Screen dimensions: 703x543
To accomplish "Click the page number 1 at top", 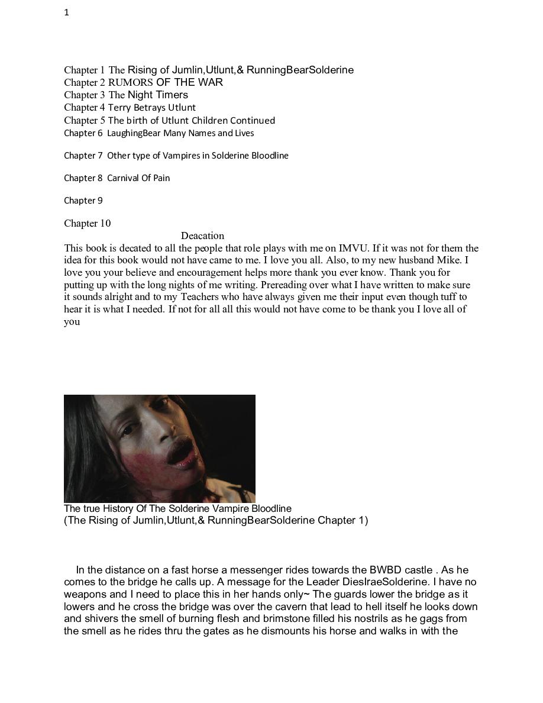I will click(67, 12).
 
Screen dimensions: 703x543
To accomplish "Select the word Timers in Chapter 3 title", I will click(172, 95).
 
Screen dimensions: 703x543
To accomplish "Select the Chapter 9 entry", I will click(83, 201).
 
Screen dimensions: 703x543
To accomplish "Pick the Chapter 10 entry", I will click(87, 223).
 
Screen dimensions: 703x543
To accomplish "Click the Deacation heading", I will click(202, 236).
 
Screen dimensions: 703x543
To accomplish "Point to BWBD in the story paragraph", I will click(386, 570).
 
